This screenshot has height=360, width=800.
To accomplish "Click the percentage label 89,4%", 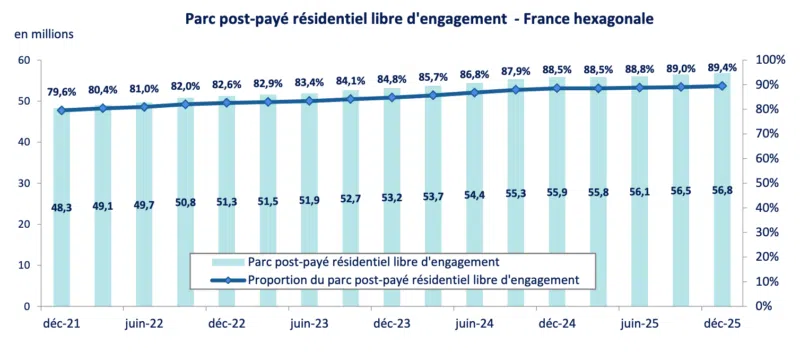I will point(722,66).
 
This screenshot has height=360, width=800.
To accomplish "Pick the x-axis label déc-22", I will point(227,324).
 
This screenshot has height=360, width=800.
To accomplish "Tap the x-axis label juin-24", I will point(475,324).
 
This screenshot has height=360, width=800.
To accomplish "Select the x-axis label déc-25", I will point(721,324).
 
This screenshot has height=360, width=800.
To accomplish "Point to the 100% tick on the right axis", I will point(770,60).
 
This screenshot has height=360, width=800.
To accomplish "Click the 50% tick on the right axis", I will point(767,183).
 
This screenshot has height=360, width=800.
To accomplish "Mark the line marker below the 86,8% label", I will point(474,92).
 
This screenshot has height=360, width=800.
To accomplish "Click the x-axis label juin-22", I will point(145,324).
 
